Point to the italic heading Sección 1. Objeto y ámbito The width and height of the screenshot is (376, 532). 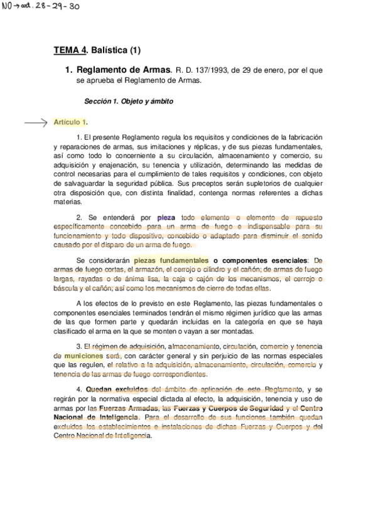129,101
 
